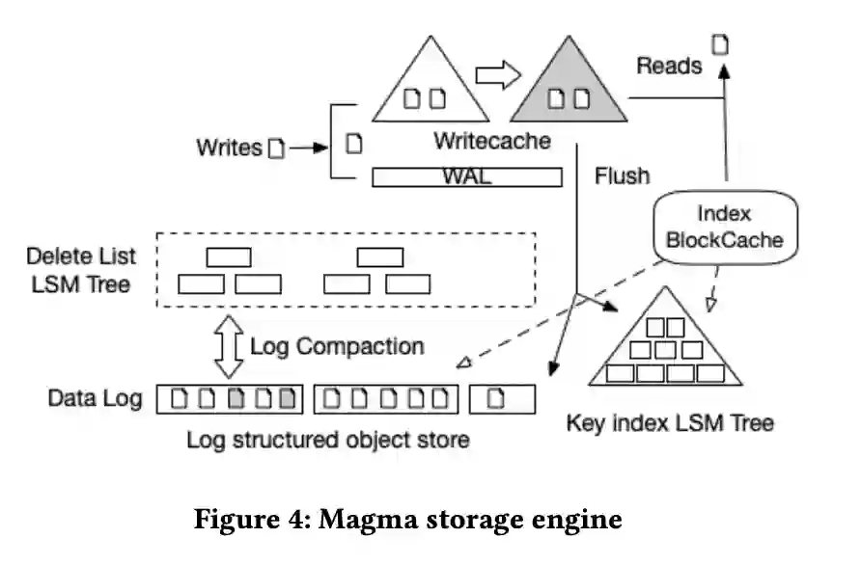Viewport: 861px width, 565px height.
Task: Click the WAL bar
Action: tap(466, 177)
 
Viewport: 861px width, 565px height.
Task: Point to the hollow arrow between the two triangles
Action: tap(498, 72)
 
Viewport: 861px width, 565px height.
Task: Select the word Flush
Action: tap(622, 176)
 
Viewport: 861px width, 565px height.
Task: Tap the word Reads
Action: tap(669, 66)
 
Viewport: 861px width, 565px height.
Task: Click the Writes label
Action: tap(229, 148)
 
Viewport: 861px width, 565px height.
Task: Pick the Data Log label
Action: tap(96, 397)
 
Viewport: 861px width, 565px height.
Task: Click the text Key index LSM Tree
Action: tap(669, 422)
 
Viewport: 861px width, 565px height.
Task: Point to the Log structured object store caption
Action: tap(328, 440)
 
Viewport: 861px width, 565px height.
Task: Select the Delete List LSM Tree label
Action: tap(81, 272)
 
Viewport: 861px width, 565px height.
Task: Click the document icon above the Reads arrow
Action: tap(720, 43)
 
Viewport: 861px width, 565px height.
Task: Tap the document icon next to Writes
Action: tap(277, 148)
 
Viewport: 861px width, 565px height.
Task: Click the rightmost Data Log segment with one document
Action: tap(502, 398)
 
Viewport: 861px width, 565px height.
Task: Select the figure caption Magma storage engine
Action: tap(408, 521)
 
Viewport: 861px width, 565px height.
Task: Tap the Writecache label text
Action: tap(491, 141)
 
